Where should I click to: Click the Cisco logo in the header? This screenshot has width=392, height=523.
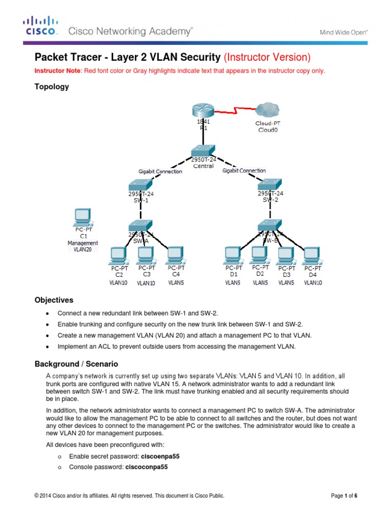coord(40,26)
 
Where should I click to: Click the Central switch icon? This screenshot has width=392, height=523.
coord(204,150)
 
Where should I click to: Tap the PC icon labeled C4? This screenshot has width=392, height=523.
coord(175,254)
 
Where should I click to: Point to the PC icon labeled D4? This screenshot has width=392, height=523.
coord(311,255)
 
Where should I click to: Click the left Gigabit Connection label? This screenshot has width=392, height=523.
coord(160,172)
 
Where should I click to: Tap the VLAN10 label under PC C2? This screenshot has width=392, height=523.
coord(118,282)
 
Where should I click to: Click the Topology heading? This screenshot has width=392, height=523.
coord(51,87)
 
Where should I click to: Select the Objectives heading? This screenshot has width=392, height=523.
coord(54,300)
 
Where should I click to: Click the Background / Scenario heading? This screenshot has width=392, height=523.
coord(76,364)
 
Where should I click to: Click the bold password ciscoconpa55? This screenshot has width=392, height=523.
coord(146,467)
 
